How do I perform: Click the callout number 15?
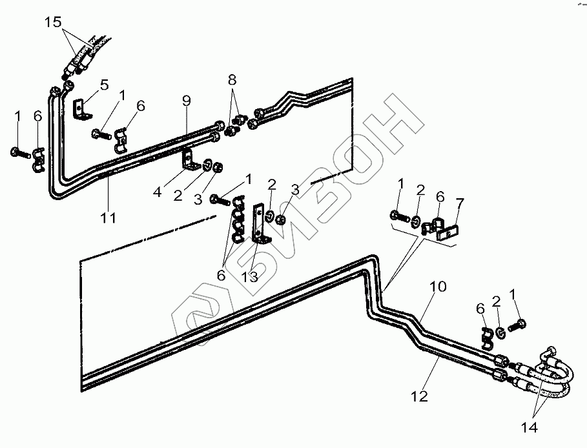coord(53,22)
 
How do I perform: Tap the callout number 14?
coord(530,427)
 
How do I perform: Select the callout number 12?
coord(419,396)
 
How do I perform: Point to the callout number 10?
coord(438,287)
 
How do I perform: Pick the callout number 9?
coord(187,101)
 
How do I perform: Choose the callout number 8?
coord(232,80)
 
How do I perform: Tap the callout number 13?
coord(249,277)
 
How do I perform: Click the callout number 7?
coord(460,203)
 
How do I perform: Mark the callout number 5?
coord(104,85)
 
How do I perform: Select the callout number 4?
coord(158,192)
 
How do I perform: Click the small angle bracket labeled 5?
coord(81,109)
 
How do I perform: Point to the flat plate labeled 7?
coord(448,234)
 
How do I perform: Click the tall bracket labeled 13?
coord(260,223)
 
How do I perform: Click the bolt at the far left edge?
coord(20,152)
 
